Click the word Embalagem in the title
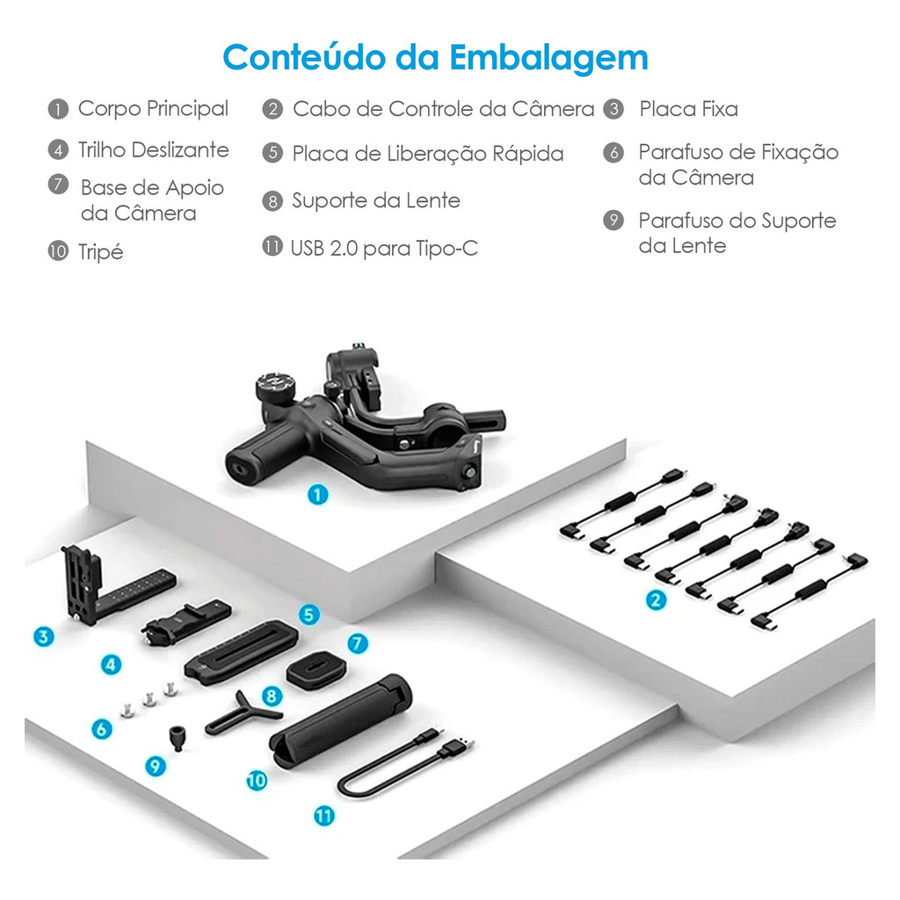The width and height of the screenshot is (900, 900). (548, 59)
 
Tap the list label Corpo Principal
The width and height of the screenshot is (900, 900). (153, 108)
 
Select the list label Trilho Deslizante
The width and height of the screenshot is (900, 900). (154, 149)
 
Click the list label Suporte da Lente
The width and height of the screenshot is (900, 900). (376, 200)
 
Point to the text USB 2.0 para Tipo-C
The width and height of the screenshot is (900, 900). (384, 248)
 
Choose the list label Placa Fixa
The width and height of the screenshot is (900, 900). (689, 108)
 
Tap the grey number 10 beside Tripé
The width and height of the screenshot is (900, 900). (58, 251)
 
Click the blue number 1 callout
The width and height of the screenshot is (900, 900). (317, 495)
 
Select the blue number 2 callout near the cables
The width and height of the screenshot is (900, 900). (656, 600)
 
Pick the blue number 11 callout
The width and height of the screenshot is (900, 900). (324, 817)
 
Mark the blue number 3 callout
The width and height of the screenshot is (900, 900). (44, 636)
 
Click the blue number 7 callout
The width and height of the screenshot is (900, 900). (358, 643)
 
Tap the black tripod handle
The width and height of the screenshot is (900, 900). (340, 721)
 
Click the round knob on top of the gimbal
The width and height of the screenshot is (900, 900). (276, 386)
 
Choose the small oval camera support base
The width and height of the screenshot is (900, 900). (316, 669)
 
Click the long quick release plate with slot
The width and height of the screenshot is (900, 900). (241, 651)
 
